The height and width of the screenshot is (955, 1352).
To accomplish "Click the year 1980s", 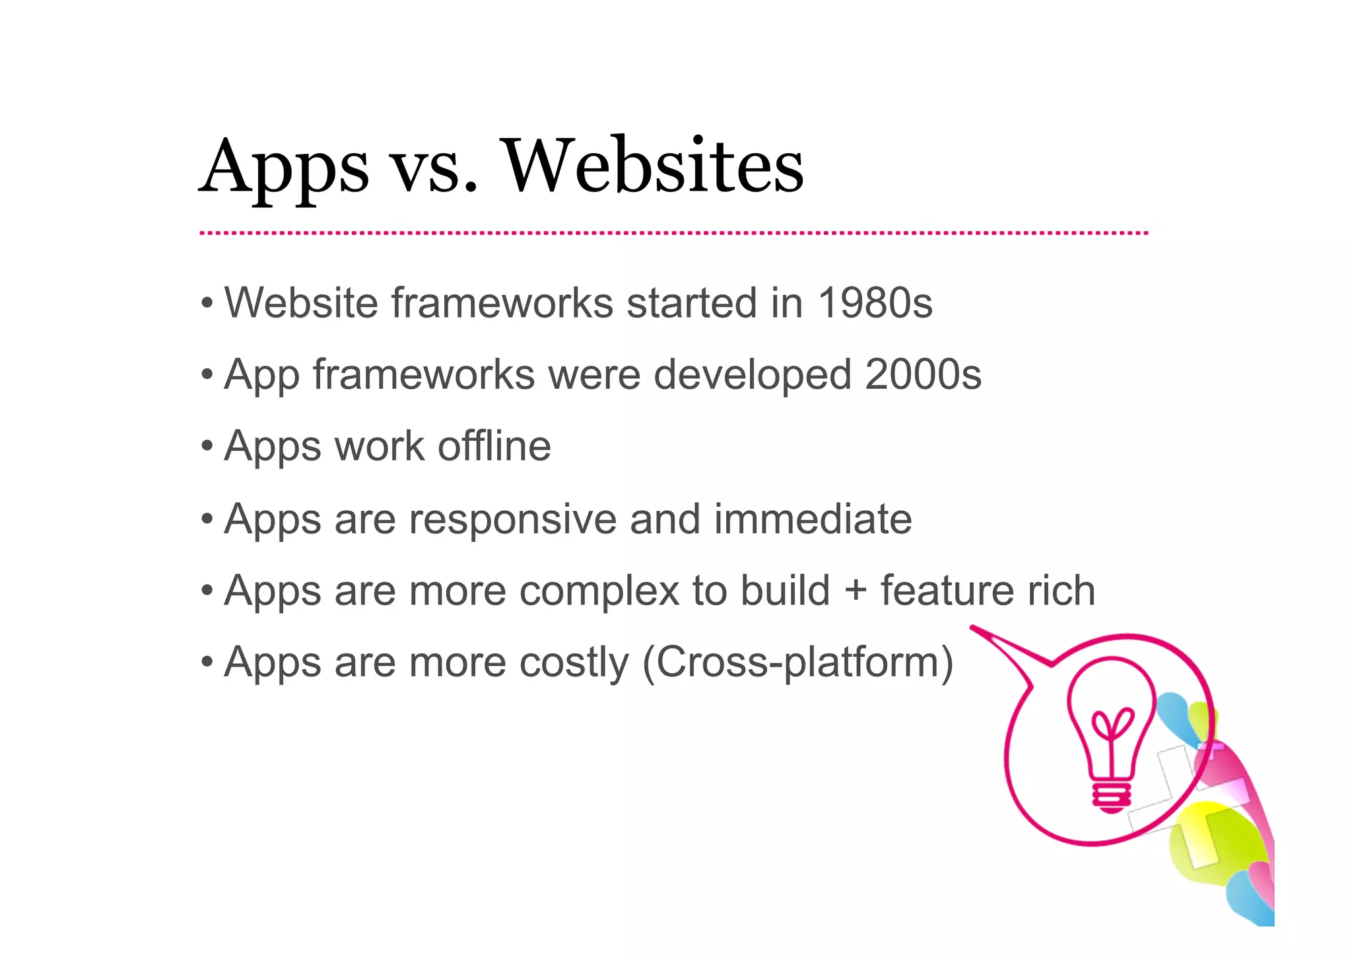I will click(875, 303).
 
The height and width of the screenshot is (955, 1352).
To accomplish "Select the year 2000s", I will click(923, 374).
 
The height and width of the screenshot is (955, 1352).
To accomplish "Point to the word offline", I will click(494, 446).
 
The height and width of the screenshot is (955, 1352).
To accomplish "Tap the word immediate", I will click(813, 519).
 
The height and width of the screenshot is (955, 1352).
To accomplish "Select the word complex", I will click(599, 591).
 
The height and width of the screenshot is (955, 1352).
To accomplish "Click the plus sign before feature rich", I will click(855, 589).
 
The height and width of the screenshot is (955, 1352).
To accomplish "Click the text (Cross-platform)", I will click(797, 662).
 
